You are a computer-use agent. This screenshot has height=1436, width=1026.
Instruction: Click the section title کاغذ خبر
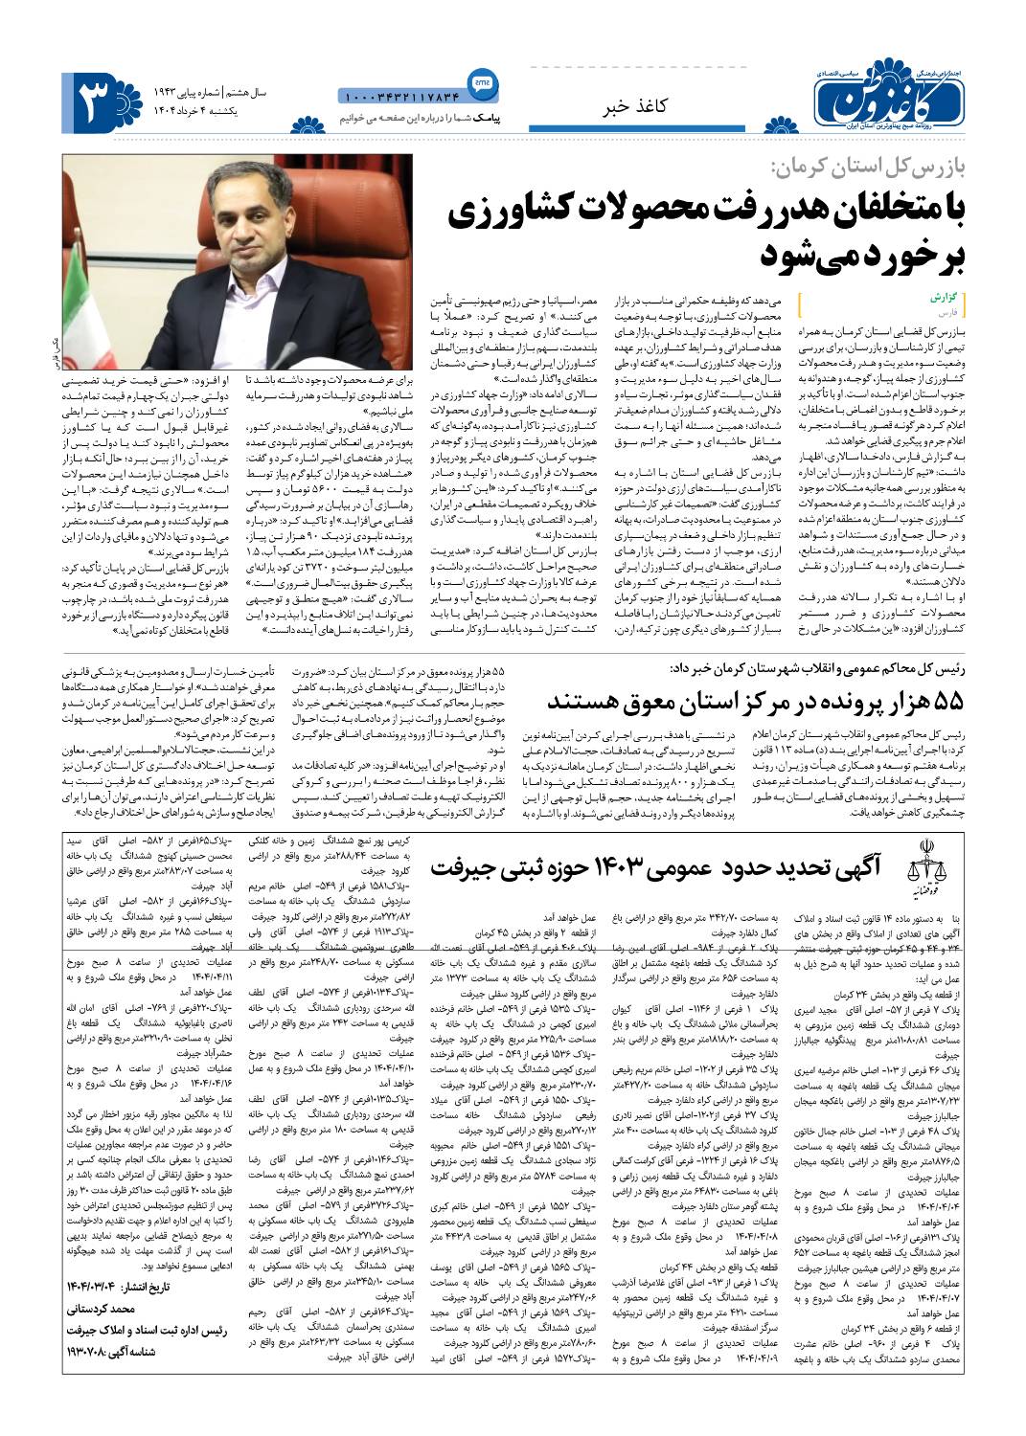[633, 107]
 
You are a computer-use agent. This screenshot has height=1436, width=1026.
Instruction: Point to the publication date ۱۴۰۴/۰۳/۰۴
[92, 1288]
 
